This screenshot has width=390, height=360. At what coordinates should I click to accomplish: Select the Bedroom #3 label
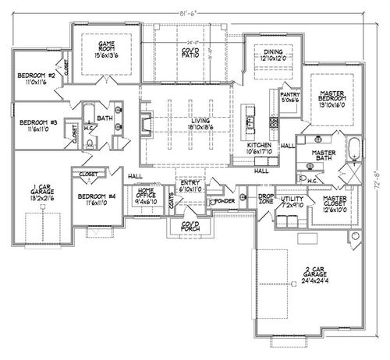click(34, 127)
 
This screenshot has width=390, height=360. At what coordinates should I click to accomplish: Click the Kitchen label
click(259, 149)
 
